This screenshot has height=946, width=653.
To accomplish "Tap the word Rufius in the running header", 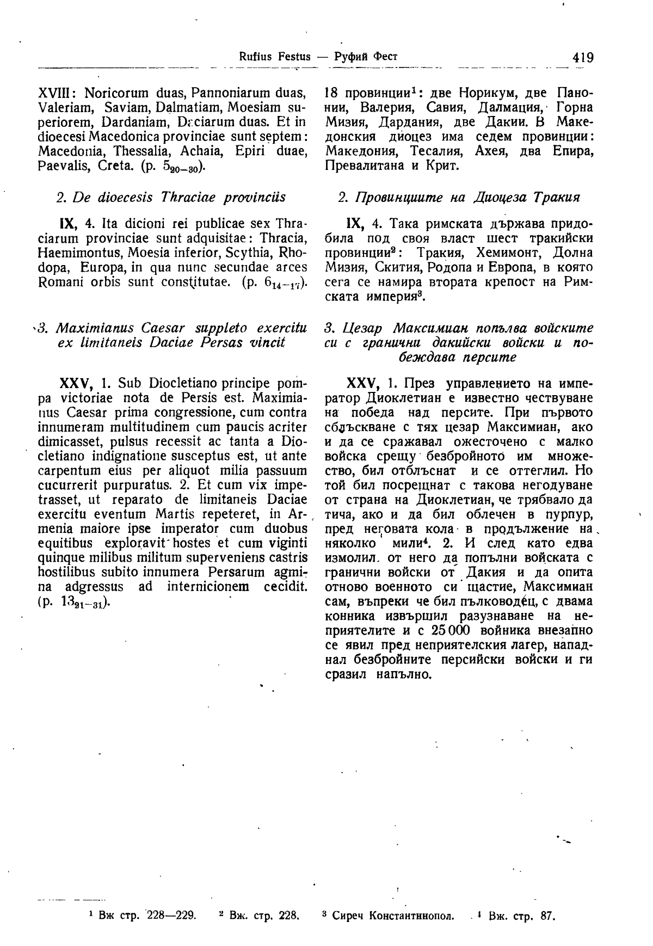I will (x=255, y=56).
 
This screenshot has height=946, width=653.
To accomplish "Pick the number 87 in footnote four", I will (x=547, y=916).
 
